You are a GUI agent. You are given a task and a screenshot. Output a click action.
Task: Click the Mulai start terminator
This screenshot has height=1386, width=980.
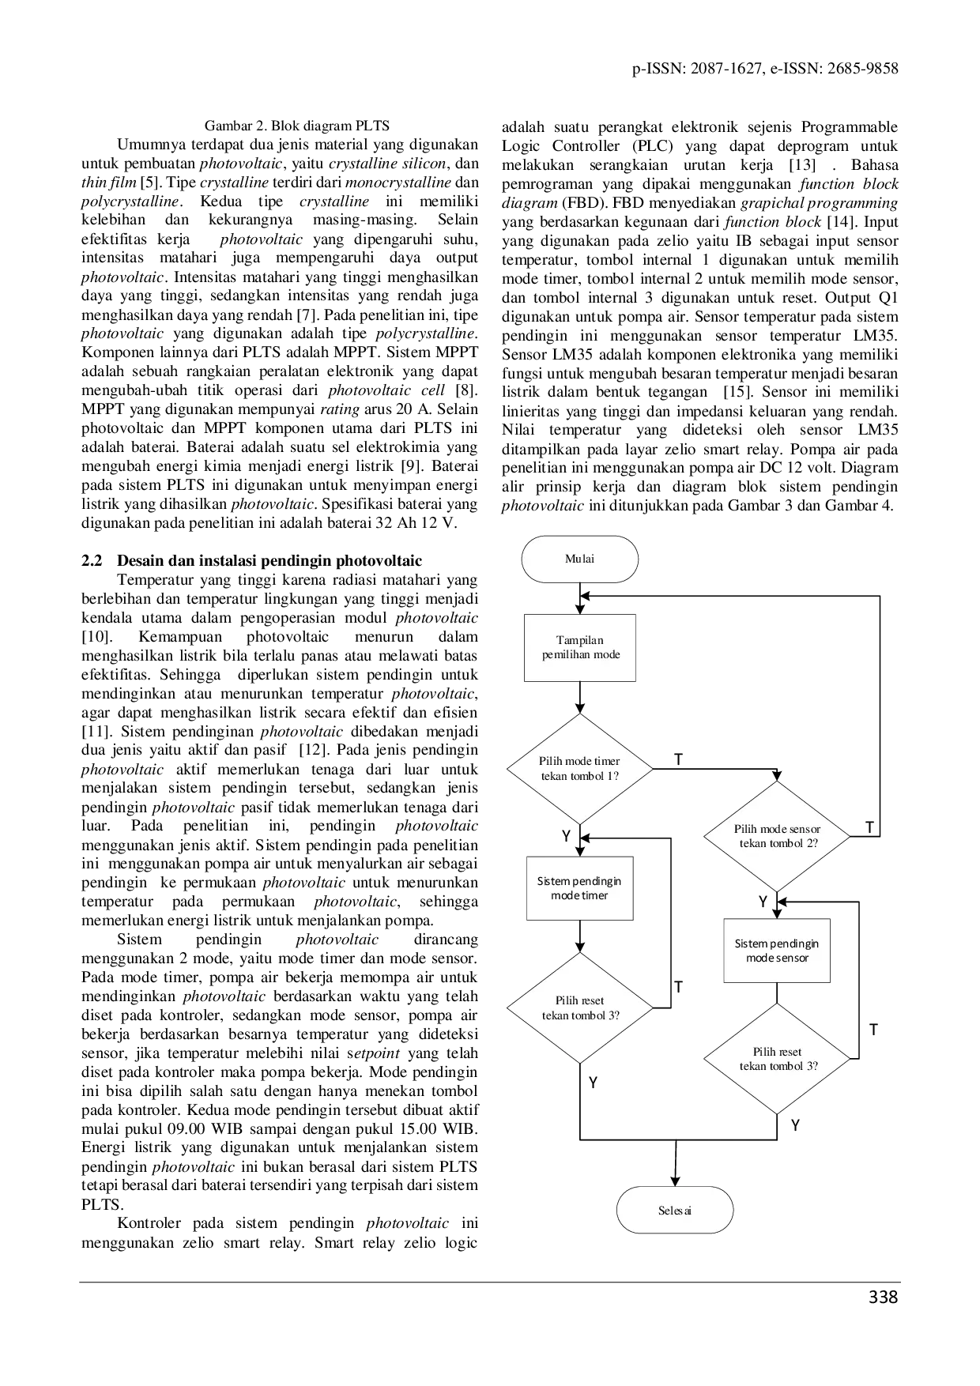tap(580, 559)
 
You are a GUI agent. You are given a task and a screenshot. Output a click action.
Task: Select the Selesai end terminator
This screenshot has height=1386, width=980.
tap(675, 1210)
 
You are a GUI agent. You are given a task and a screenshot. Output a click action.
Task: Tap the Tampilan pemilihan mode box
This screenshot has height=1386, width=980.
tap(580, 647)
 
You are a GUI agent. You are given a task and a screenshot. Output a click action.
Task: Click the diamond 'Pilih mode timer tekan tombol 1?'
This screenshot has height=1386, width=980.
tap(580, 768)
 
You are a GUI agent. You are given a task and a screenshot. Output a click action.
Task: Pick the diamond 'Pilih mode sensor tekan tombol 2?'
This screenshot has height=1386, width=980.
tap(778, 836)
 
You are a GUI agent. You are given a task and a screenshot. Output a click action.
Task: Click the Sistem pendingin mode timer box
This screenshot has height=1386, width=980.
tap(580, 888)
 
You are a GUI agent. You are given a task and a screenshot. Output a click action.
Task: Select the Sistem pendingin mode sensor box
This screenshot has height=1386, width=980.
tap(777, 951)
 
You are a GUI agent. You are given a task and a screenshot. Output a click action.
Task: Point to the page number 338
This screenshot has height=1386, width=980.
tap(883, 1297)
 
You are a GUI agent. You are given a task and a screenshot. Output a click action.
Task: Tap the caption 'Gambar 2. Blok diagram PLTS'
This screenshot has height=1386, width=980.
tap(297, 126)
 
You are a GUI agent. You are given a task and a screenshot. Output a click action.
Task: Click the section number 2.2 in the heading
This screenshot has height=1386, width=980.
tap(92, 561)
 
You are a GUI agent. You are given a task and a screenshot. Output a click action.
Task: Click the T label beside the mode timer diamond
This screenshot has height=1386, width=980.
tap(678, 760)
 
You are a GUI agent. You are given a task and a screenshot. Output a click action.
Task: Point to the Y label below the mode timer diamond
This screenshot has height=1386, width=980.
tap(566, 836)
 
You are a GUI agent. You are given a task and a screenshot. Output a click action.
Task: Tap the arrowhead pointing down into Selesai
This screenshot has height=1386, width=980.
tap(676, 1180)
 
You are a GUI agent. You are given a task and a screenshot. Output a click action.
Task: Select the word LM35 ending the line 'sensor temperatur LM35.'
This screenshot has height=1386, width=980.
tap(878, 336)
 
